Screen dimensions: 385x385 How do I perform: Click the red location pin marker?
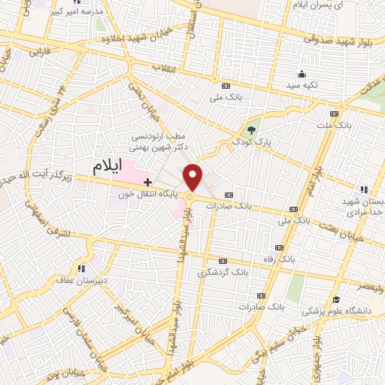point(193,176)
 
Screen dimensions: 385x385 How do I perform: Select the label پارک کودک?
point(251,141)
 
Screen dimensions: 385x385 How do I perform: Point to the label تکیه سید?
point(301,85)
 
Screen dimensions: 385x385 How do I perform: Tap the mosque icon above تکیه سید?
point(302,73)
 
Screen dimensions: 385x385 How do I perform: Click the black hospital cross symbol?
point(147,181)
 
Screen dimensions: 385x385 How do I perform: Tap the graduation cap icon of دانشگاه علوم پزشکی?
point(336,299)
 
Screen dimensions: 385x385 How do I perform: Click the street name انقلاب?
point(164,68)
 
